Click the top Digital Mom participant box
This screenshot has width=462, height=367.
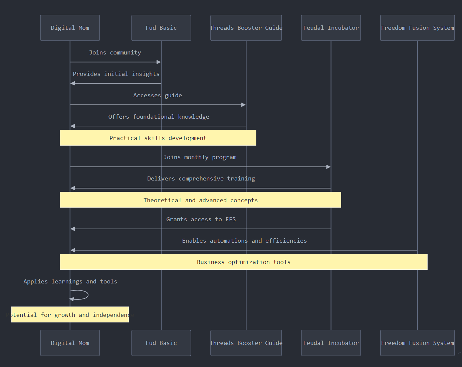point(70,28)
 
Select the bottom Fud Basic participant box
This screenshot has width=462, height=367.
point(161,343)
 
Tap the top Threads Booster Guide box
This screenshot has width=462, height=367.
point(246,28)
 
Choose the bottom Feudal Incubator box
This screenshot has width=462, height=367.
point(331,343)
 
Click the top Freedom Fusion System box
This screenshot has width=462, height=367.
point(417,28)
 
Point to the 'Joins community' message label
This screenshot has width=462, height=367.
point(115,52)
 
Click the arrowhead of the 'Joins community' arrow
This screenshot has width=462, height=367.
point(159,62)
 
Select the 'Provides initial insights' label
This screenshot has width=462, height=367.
point(116,74)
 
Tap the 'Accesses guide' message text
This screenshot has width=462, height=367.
point(158,95)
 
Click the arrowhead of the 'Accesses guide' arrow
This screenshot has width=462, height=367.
point(244,105)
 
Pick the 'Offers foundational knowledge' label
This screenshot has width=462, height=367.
point(159,117)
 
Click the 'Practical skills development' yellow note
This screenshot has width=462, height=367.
point(158,138)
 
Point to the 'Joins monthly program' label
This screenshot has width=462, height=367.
point(200,157)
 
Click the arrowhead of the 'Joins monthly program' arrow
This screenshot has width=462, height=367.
point(328,167)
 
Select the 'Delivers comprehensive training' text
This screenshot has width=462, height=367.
point(201,178)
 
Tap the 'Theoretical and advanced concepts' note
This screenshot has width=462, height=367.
point(200,200)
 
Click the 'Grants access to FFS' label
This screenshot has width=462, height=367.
point(201,219)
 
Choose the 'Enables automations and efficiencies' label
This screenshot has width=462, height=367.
point(244,241)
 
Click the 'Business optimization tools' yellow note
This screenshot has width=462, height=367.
point(244,262)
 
